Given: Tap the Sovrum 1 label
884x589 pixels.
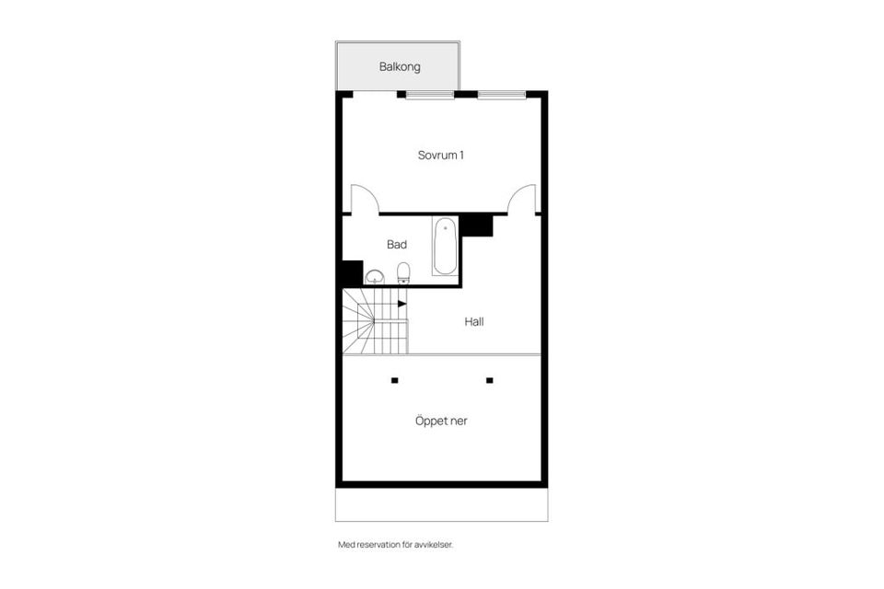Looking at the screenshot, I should point(440,155).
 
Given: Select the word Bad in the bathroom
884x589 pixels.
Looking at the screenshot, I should point(397,245).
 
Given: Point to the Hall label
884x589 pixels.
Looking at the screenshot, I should point(473,322).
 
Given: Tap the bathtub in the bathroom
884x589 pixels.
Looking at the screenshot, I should point(445,246).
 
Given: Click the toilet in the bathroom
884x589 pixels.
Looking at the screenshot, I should point(403,272).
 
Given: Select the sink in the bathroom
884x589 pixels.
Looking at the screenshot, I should point(375,276).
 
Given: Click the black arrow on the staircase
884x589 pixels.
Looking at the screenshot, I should point(402,303).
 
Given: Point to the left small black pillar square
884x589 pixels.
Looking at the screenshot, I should point(394,380).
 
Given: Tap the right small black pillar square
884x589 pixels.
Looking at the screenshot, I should point(490,380).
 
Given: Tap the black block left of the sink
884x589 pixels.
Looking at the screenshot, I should point(351,273).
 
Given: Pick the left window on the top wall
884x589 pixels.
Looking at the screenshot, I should point(430,94).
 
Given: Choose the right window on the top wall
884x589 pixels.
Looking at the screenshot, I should point(502,94).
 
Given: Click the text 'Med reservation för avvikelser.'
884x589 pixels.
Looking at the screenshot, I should point(395,545).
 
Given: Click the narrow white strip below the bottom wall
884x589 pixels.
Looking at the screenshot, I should point(441,504).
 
